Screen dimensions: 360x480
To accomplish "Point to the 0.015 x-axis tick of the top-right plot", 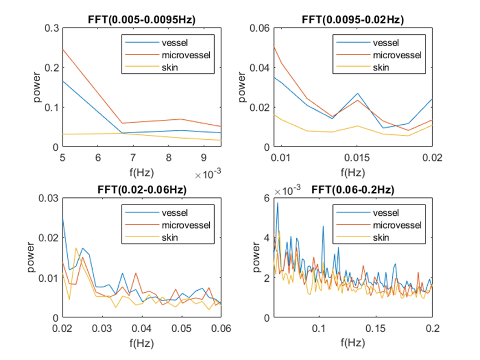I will [x=353, y=158].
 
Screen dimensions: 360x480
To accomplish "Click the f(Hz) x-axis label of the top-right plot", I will [x=353, y=171].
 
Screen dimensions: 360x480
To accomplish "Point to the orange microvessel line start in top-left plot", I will [x=63, y=49].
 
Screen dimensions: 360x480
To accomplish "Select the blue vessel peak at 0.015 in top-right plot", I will [x=357, y=94].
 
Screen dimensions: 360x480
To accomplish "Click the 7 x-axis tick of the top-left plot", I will [x=132, y=158].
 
